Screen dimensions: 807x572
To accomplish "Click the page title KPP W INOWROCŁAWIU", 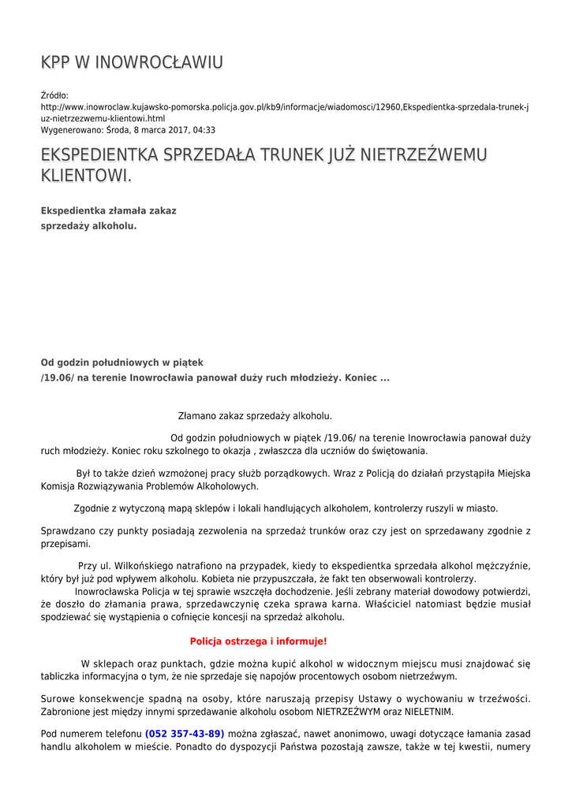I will tap(132, 62).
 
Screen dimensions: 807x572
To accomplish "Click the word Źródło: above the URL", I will tap(54, 95).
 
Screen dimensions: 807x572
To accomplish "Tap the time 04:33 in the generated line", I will tap(204, 130).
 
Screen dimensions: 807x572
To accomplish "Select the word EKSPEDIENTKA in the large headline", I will tap(99, 155).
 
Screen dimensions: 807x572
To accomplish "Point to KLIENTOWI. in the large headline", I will tap(86, 176).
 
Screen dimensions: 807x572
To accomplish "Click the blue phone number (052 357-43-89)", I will tap(185, 734).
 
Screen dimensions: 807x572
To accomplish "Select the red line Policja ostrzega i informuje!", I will tap(258, 642).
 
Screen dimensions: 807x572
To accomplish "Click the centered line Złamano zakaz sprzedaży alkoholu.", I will tap(255, 415).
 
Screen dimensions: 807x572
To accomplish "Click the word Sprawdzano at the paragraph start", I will tap(66, 531).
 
